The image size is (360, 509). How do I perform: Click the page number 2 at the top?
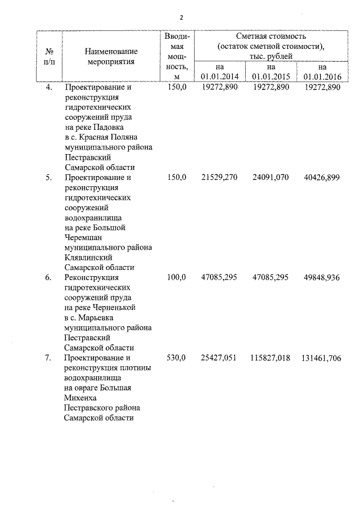tap(181, 18)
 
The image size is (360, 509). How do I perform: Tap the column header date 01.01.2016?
tap(322, 76)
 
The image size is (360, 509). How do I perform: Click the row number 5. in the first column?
tap(49, 178)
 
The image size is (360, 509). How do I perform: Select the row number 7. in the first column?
tap(49, 358)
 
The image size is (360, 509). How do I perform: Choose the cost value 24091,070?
tap(271, 178)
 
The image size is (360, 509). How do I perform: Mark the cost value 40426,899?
tap(322, 178)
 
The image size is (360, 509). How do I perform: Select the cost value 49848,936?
tap(322, 277)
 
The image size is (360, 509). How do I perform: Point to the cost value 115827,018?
tap(269, 358)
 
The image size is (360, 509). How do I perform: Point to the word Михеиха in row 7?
tap(81, 398)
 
